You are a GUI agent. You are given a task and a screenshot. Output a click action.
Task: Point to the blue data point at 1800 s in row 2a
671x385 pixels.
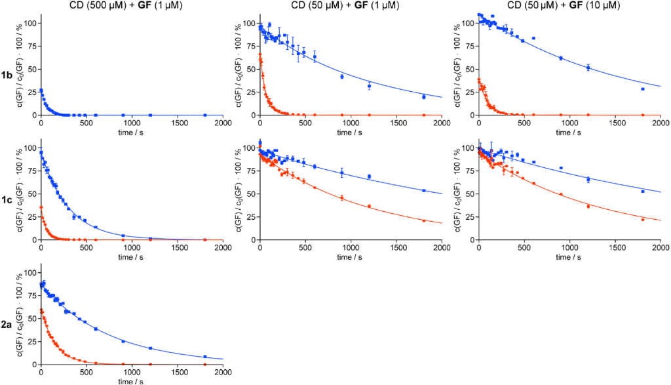click(205, 357)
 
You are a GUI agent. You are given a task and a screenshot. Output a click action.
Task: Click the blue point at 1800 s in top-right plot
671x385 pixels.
click(643, 89)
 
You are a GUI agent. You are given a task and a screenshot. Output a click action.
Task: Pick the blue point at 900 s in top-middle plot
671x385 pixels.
click(342, 77)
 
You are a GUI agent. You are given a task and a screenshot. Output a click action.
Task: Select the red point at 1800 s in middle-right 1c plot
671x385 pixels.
click(643, 220)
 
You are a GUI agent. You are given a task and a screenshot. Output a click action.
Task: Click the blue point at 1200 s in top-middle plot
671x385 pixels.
click(369, 86)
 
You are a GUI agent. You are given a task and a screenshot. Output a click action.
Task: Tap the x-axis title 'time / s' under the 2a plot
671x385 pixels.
click(132, 380)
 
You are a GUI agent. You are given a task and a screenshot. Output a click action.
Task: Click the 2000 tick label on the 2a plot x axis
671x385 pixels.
click(223, 373)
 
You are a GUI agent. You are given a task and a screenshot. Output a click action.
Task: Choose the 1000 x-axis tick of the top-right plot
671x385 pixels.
click(569, 123)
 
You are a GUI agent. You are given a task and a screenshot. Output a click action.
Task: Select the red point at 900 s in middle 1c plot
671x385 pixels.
click(342, 197)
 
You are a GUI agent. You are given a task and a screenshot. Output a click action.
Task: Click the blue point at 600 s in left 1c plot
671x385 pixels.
click(96, 227)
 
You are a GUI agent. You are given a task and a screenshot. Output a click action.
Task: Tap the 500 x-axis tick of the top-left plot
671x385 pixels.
click(86, 123)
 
